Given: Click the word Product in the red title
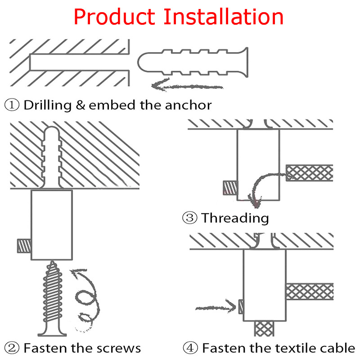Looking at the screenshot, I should [114, 17].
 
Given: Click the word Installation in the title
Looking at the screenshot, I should [223, 17].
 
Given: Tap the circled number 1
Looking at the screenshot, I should [13, 105].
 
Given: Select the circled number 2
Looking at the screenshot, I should [13, 348].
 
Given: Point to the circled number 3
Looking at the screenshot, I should [189, 218].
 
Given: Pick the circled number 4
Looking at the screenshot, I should [189, 348].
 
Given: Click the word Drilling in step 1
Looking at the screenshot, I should [48, 106].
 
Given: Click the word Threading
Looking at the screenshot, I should [235, 218].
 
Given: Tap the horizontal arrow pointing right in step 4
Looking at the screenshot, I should [216, 307].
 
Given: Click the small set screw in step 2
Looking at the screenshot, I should [23, 246].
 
